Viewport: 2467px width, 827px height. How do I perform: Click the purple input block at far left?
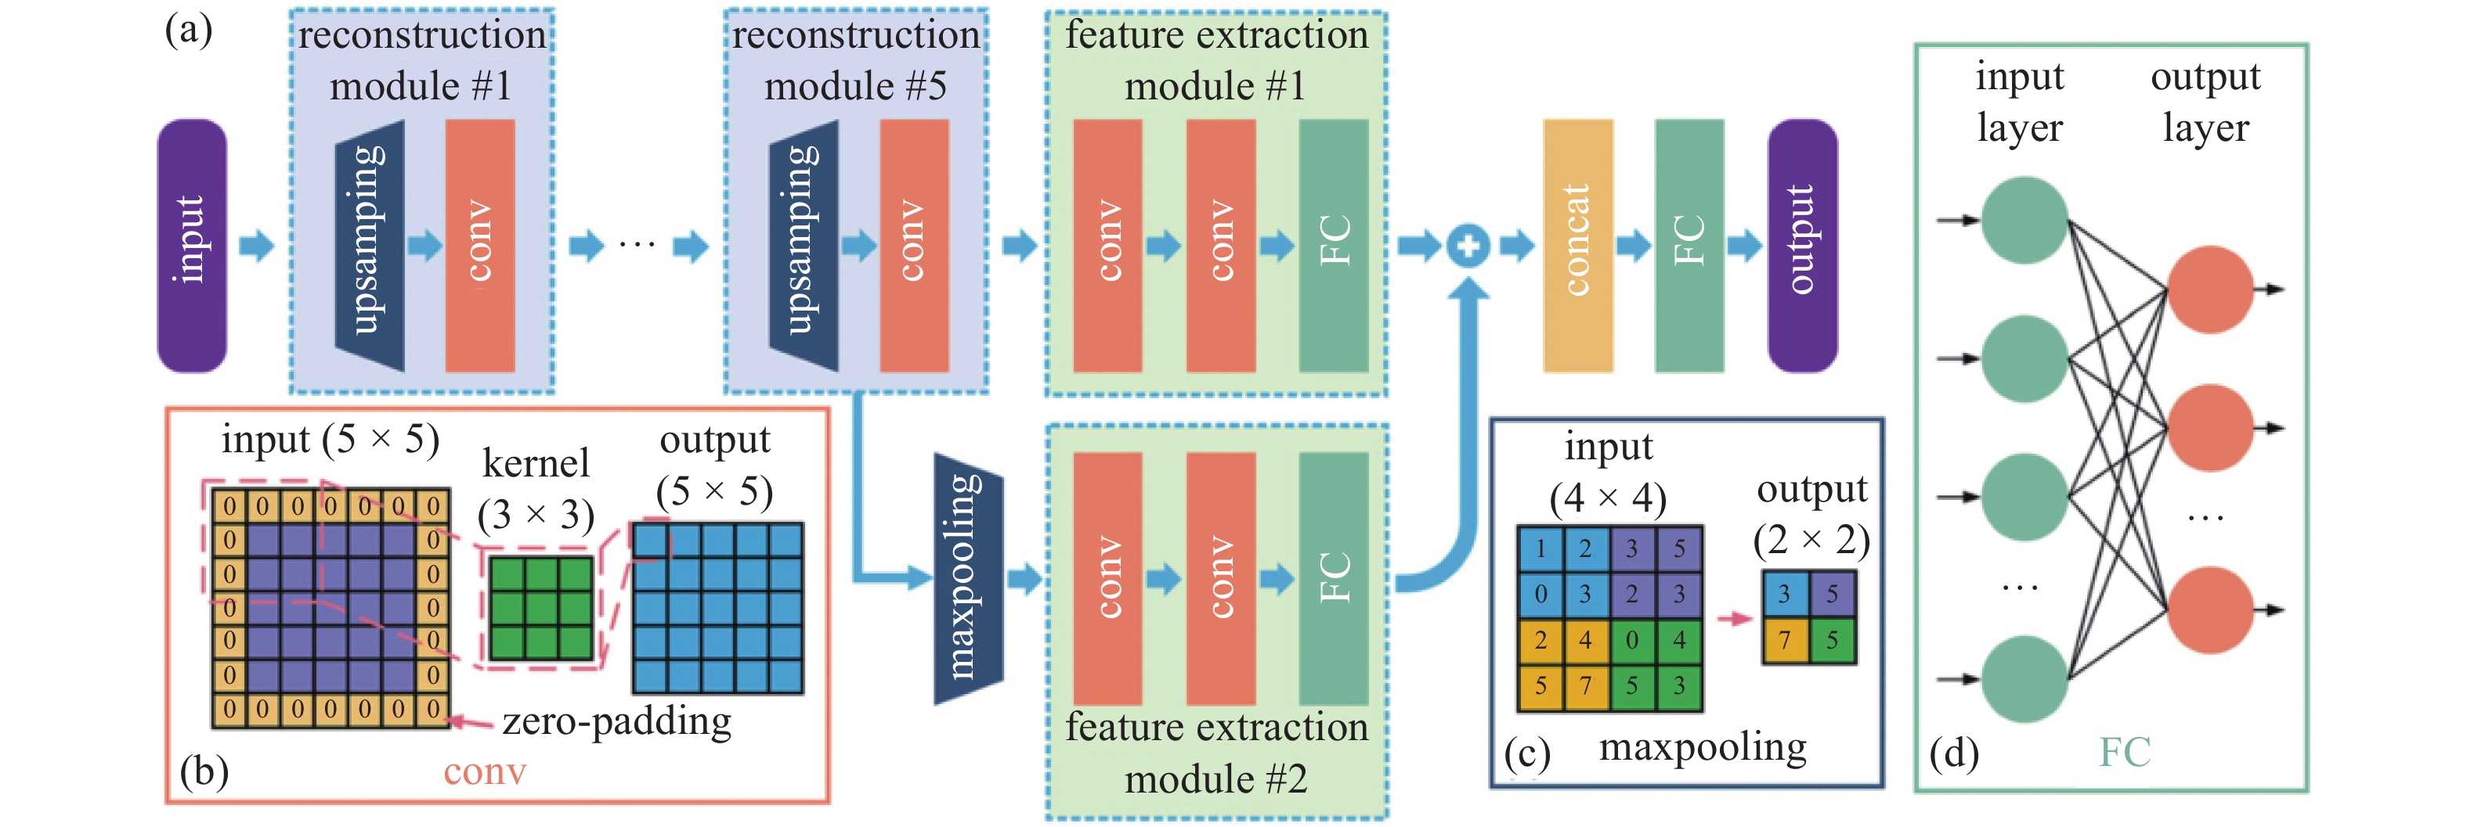[x=192, y=245]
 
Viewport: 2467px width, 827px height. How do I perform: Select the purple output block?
[x=1801, y=245]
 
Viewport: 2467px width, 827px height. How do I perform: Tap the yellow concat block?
[x=1577, y=245]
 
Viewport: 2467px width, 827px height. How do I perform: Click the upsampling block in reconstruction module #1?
[x=370, y=245]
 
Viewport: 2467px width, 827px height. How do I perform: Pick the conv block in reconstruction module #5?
[x=914, y=245]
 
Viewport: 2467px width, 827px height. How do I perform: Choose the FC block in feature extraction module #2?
[x=1333, y=578]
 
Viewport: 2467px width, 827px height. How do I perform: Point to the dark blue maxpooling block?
[x=967, y=578]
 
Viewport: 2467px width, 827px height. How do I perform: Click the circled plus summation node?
[x=1467, y=246]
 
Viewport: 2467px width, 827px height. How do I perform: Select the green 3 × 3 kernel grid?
[x=540, y=608]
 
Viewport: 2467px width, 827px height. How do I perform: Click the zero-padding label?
[x=617, y=721]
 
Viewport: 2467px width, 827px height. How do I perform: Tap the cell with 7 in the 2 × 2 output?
[x=1784, y=640]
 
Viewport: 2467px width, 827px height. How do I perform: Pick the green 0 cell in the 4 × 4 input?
[x=1632, y=638]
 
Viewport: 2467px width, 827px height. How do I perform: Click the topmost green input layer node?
[x=2023, y=220]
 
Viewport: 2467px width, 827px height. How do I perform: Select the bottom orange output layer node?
[x=2209, y=609]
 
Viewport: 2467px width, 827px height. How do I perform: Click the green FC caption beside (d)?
[x=2124, y=753]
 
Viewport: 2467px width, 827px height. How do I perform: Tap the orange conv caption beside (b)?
[x=485, y=771]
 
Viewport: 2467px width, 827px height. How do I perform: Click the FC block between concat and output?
[x=1689, y=245]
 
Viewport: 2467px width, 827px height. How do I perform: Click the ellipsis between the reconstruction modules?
[x=637, y=246]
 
